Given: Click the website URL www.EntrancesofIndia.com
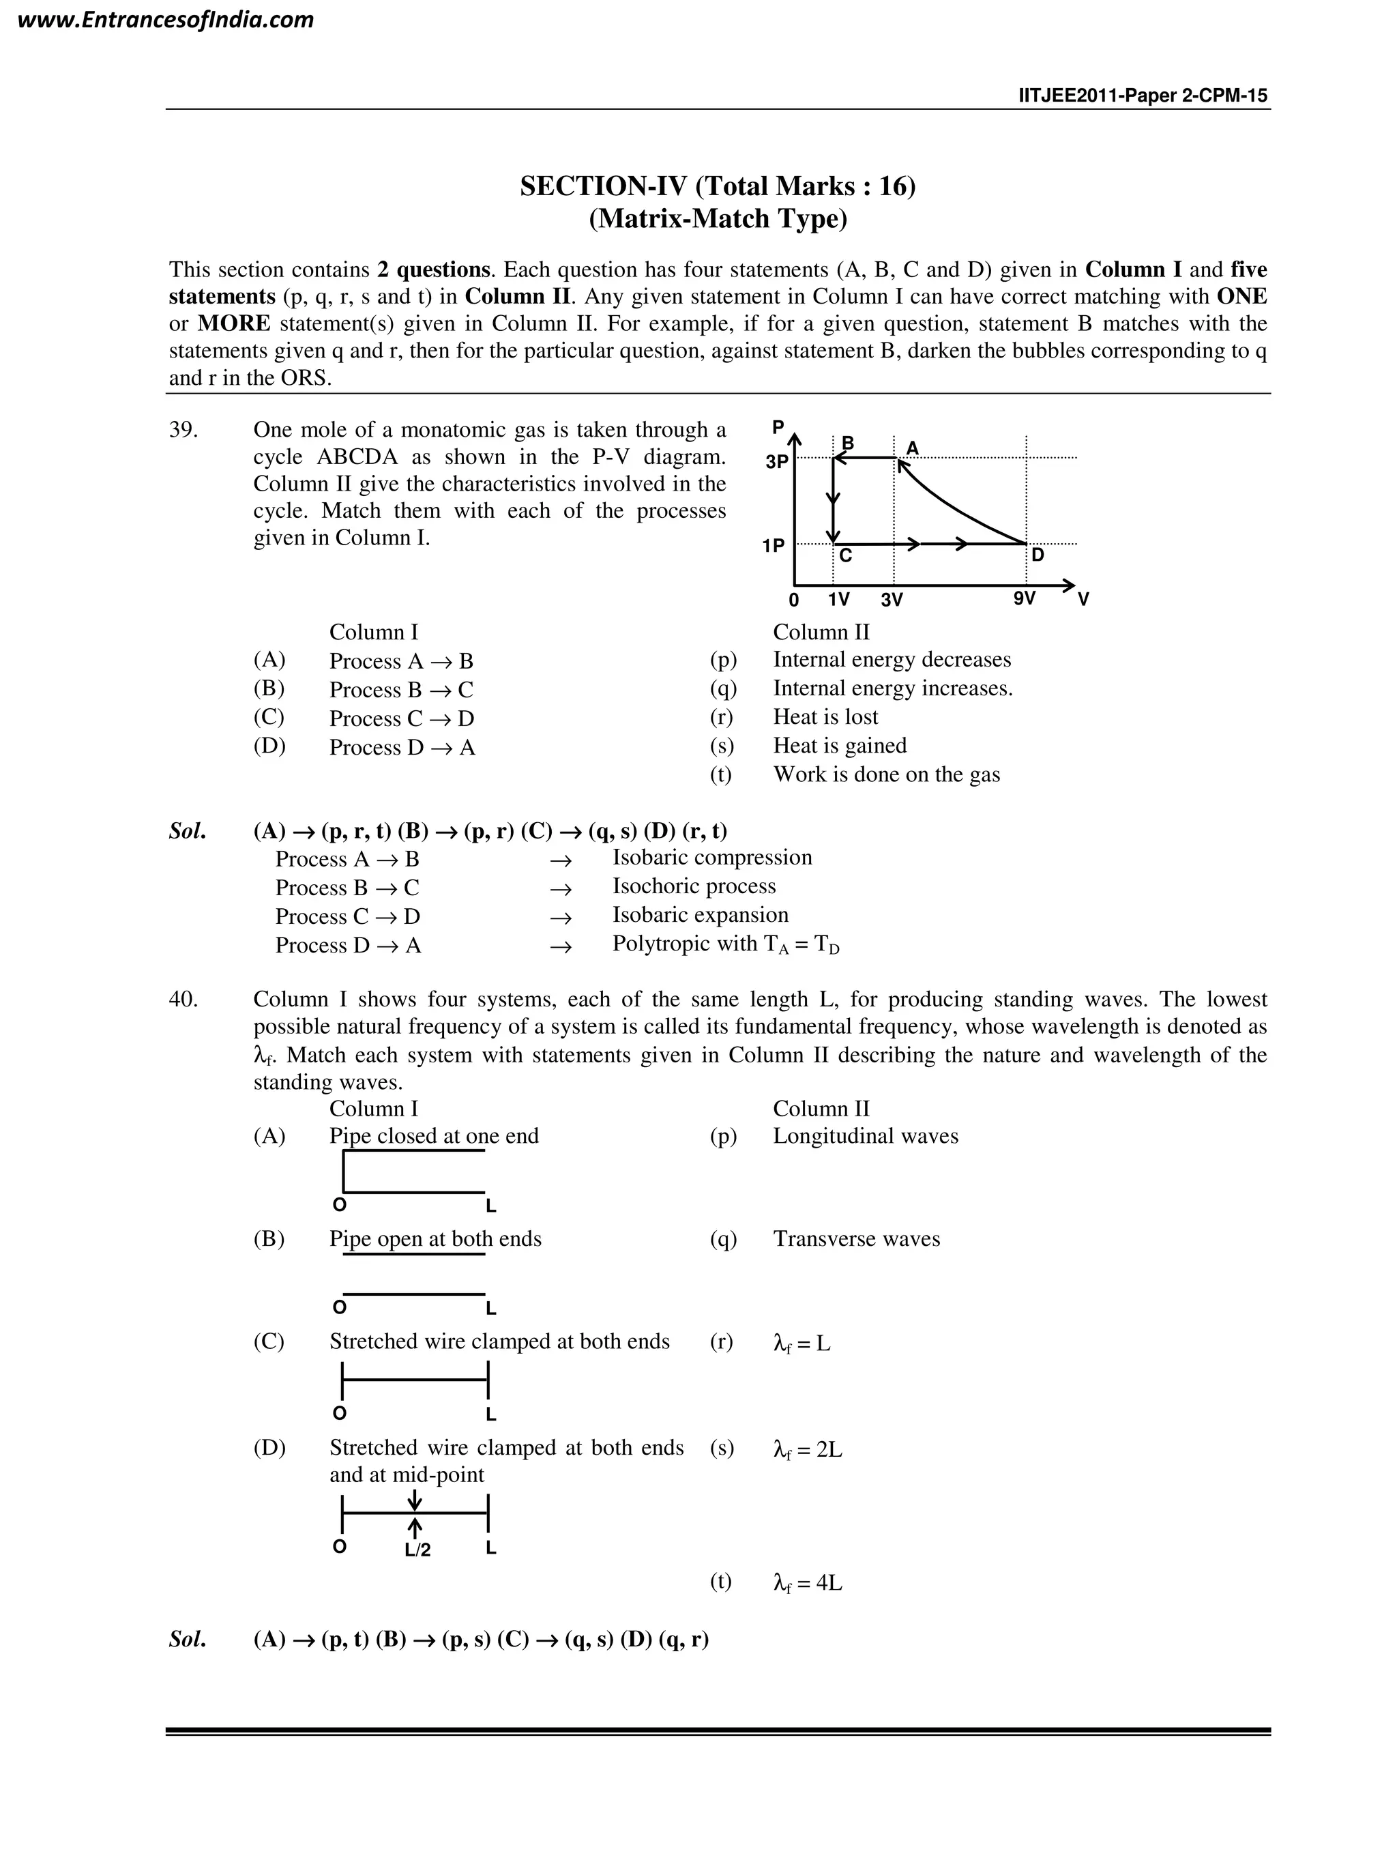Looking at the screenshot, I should tap(166, 20).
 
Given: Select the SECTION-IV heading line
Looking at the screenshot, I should tap(717, 186).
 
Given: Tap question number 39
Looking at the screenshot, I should tap(183, 430).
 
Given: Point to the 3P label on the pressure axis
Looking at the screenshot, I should tap(777, 462).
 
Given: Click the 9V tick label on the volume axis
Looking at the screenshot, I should tap(1024, 598).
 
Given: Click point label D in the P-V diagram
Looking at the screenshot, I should tap(1038, 555).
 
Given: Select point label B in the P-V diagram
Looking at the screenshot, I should tap(847, 443).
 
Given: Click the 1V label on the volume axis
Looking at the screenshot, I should tap(838, 600).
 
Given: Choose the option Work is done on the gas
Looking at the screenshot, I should tap(886, 774).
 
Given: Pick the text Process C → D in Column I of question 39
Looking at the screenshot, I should tap(402, 719).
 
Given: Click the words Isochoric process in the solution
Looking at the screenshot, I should tap(694, 886).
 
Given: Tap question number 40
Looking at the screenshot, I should tap(183, 999).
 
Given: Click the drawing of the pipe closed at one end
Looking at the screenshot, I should tap(413, 1172).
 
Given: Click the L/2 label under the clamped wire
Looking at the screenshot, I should tap(417, 1550).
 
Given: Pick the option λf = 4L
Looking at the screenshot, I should tap(807, 1584).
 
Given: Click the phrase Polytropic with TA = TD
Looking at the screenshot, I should tap(725, 944).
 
